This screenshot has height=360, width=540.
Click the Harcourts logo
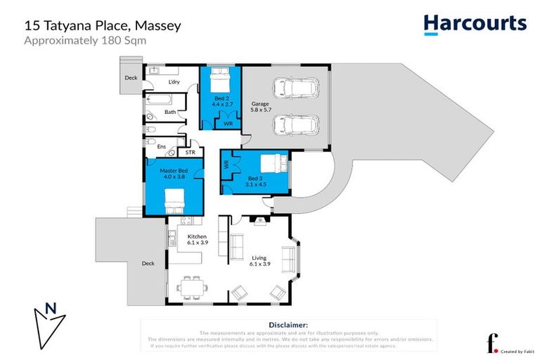point(475,25)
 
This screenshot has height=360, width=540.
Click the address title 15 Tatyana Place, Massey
point(103,25)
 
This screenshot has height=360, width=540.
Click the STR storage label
point(189,152)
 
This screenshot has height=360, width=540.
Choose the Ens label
point(161,147)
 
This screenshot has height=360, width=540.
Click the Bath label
point(170,112)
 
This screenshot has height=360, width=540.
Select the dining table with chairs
point(192,287)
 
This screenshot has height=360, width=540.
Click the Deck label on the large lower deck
point(148,264)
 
